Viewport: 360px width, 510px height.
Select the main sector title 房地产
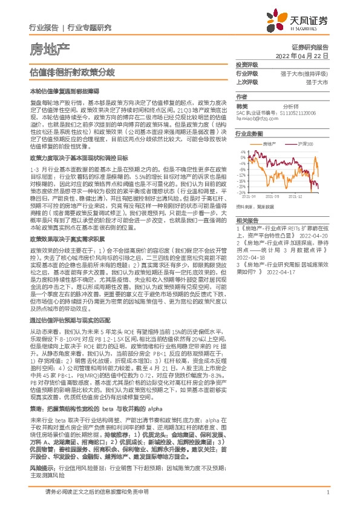click(x=50, y=48)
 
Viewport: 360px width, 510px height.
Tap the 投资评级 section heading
click(x=247, y=64)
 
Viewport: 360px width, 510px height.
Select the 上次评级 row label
click(x=247, y=81)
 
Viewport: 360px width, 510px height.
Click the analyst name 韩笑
click(x=241, y=104)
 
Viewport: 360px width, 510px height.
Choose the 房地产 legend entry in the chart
click(x=270, y=144)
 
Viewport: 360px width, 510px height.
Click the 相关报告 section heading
click(x=247, y=220)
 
